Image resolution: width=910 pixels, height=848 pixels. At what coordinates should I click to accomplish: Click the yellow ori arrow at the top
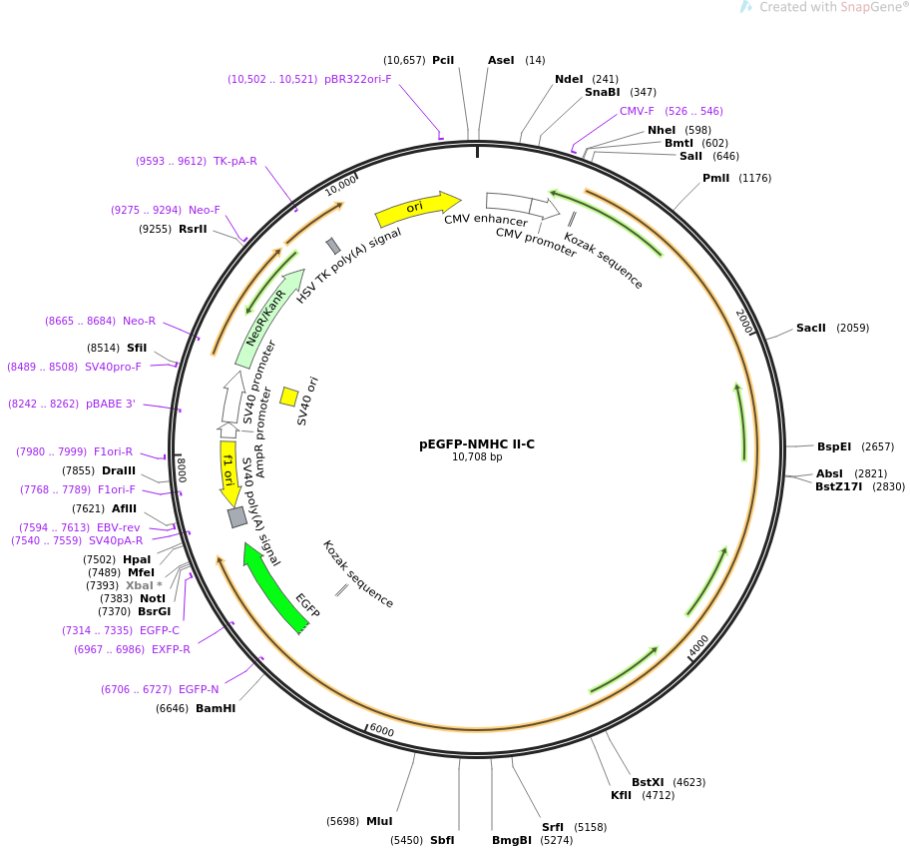418,209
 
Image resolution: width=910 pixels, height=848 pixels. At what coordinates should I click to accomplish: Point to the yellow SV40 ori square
289,397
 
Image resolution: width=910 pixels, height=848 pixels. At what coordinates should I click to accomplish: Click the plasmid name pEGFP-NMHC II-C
477,444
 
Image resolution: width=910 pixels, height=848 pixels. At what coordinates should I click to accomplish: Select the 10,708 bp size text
477,457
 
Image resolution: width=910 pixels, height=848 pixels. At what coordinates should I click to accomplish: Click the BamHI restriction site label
216,708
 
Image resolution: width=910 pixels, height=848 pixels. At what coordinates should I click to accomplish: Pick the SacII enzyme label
811,328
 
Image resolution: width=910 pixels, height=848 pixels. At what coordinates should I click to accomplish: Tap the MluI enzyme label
379,821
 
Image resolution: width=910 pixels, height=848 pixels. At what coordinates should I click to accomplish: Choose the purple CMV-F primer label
637,111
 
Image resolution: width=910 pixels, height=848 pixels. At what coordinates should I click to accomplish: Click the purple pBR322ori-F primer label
357,79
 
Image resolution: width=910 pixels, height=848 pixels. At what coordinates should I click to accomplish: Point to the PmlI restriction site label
715,178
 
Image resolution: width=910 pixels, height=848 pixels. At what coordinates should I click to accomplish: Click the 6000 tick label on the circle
382,730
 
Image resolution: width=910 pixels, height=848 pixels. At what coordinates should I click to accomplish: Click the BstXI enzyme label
648,782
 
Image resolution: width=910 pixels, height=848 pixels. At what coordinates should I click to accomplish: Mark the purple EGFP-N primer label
199,689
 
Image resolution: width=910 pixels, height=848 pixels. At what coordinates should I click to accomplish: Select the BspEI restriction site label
834,446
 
